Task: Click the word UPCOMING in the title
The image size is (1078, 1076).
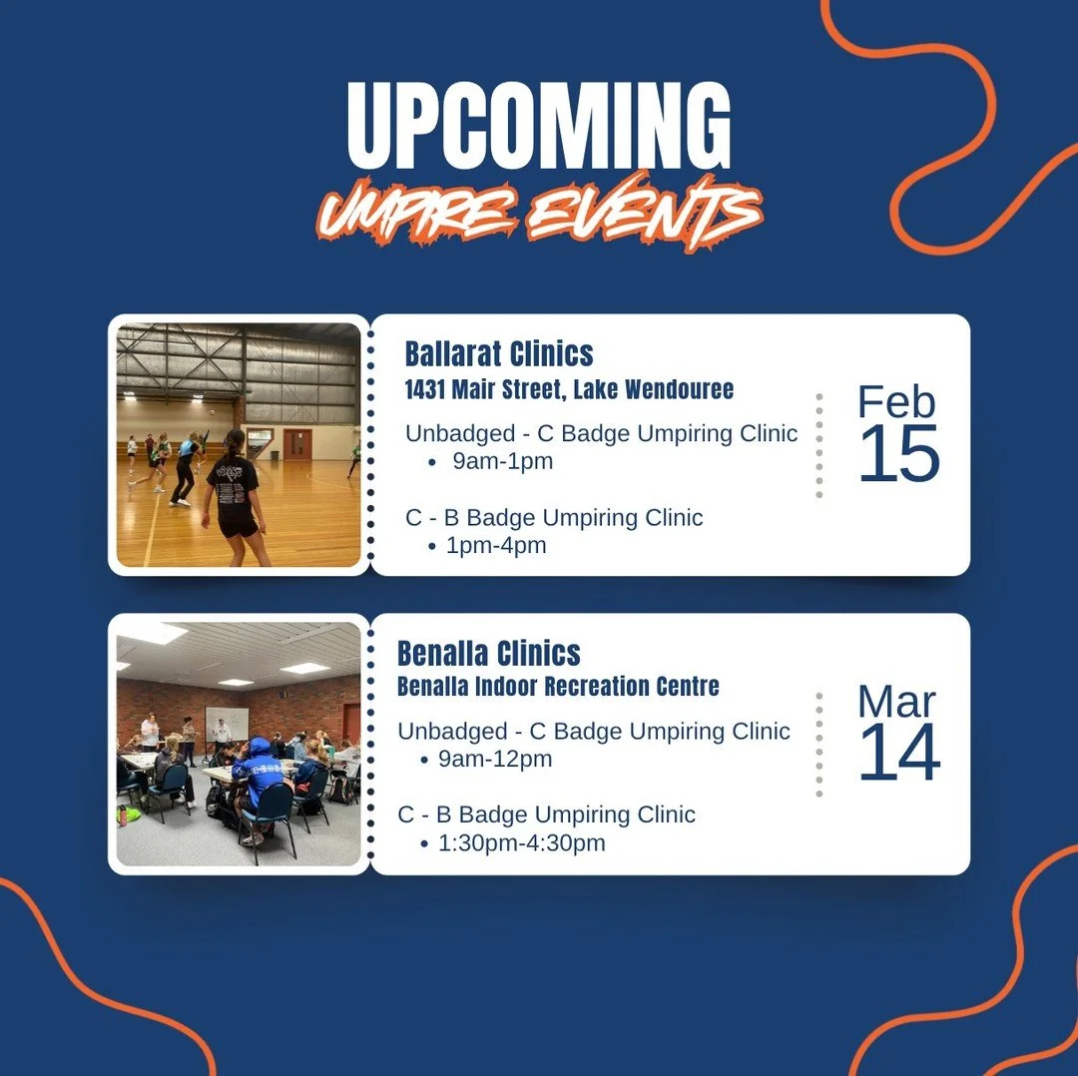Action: (x=539, y=127)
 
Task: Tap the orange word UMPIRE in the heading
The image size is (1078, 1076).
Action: (x=415, y=213)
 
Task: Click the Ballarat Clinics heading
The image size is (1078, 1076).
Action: (x=499, y=353)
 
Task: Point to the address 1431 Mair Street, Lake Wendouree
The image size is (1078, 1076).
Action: (x=569, y=389)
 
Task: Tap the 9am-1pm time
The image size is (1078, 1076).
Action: (x=502, y=461)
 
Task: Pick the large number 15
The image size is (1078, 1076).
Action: (x=898, y=455)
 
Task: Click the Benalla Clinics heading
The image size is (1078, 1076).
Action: (x=488, y=654)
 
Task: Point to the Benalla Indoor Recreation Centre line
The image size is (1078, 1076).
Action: (x=558, y=688)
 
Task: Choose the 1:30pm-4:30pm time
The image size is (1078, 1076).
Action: (x=521, y=843)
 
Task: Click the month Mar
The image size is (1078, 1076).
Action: (x=896, y=703)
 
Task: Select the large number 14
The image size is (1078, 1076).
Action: (x=898, y=755)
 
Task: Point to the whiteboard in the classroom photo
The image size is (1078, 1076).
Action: (x=227, y=722)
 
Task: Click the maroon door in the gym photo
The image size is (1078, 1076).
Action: (x=296, y=443)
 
